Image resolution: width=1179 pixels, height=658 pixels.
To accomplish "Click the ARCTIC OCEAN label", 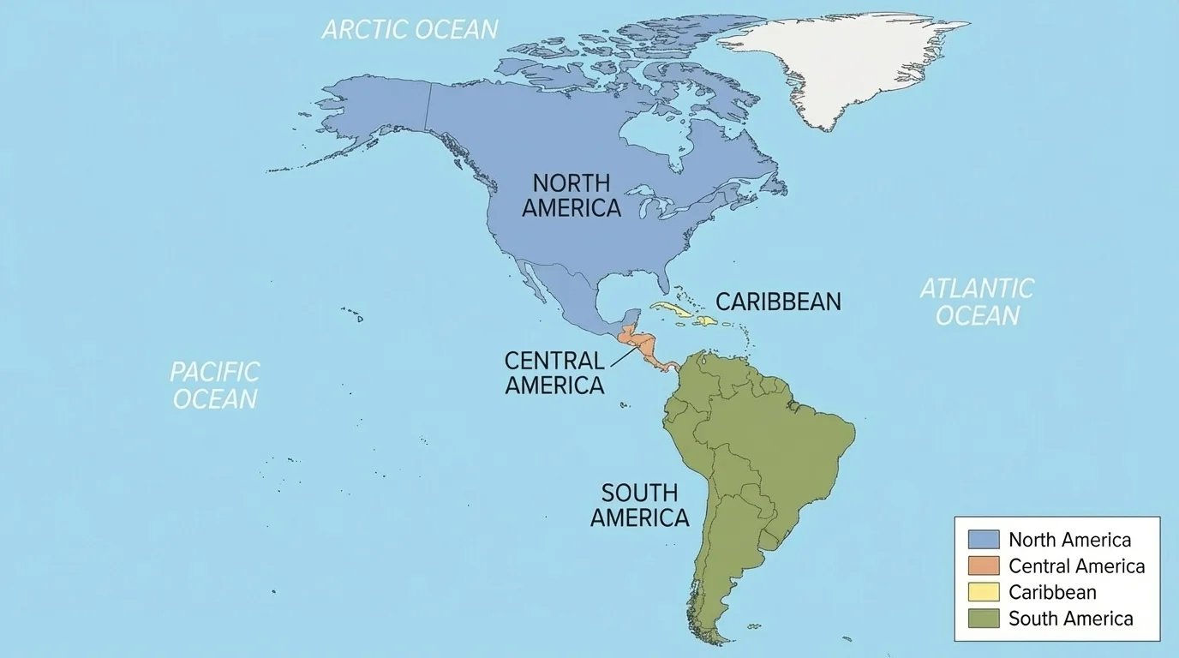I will click(410, 29).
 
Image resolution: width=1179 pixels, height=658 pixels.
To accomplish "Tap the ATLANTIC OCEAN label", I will click(977, 302).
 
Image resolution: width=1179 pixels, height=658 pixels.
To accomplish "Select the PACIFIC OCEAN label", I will click(214, 386).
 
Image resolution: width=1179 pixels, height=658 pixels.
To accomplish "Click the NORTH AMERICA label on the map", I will click(572, 195).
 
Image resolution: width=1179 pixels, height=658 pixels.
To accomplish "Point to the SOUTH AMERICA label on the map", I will click(639, 505).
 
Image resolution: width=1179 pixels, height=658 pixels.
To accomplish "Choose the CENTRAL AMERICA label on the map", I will click(554, 374).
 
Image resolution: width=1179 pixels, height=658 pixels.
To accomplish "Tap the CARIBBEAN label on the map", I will click(778, 302).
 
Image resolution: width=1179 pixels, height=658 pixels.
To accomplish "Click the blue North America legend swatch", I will click(984, 540).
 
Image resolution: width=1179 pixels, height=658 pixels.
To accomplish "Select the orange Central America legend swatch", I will click(984, 566).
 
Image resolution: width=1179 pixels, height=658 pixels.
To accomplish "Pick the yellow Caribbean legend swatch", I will click(984, 592).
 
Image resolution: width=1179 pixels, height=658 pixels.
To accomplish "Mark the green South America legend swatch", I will click(984, 619).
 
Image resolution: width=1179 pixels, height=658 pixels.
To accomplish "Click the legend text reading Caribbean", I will click(1052, 592).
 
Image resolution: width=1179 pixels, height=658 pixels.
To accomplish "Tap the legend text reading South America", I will click(1070, 619).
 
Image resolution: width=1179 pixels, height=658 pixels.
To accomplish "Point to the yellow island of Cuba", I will click(673, 309).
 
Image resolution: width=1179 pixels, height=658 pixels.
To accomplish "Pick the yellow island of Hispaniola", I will click(706, 321).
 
